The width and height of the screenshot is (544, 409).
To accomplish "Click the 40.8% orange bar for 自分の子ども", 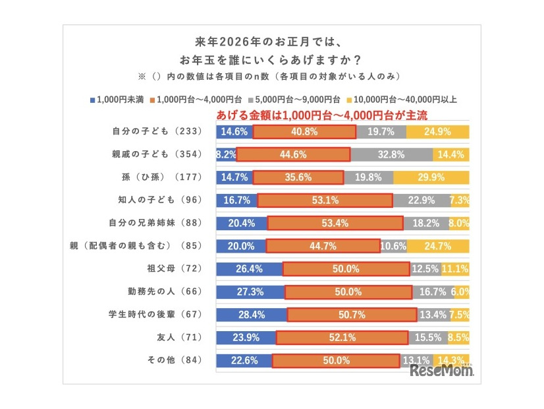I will click(304, 132).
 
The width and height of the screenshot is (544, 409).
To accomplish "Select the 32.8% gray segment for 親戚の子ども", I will click(392, 155).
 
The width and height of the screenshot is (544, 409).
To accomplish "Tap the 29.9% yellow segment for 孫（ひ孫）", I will click(431, 177).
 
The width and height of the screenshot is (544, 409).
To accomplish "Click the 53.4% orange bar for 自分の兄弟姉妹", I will click(335, 223).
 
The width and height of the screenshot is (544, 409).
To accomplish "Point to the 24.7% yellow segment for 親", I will click(438, 246).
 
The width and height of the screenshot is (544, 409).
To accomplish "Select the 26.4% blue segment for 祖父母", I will click(249, 269).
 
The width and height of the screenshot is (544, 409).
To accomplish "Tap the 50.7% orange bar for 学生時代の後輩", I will click(351, 315).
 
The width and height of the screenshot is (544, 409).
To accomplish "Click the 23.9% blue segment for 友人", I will click(246, 338).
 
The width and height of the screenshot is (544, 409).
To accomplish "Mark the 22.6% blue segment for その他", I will click(244, 360).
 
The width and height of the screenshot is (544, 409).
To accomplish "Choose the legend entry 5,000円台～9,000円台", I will click(297, 100).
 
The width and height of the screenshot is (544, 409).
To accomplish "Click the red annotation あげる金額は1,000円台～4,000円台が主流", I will click(323, 115).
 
